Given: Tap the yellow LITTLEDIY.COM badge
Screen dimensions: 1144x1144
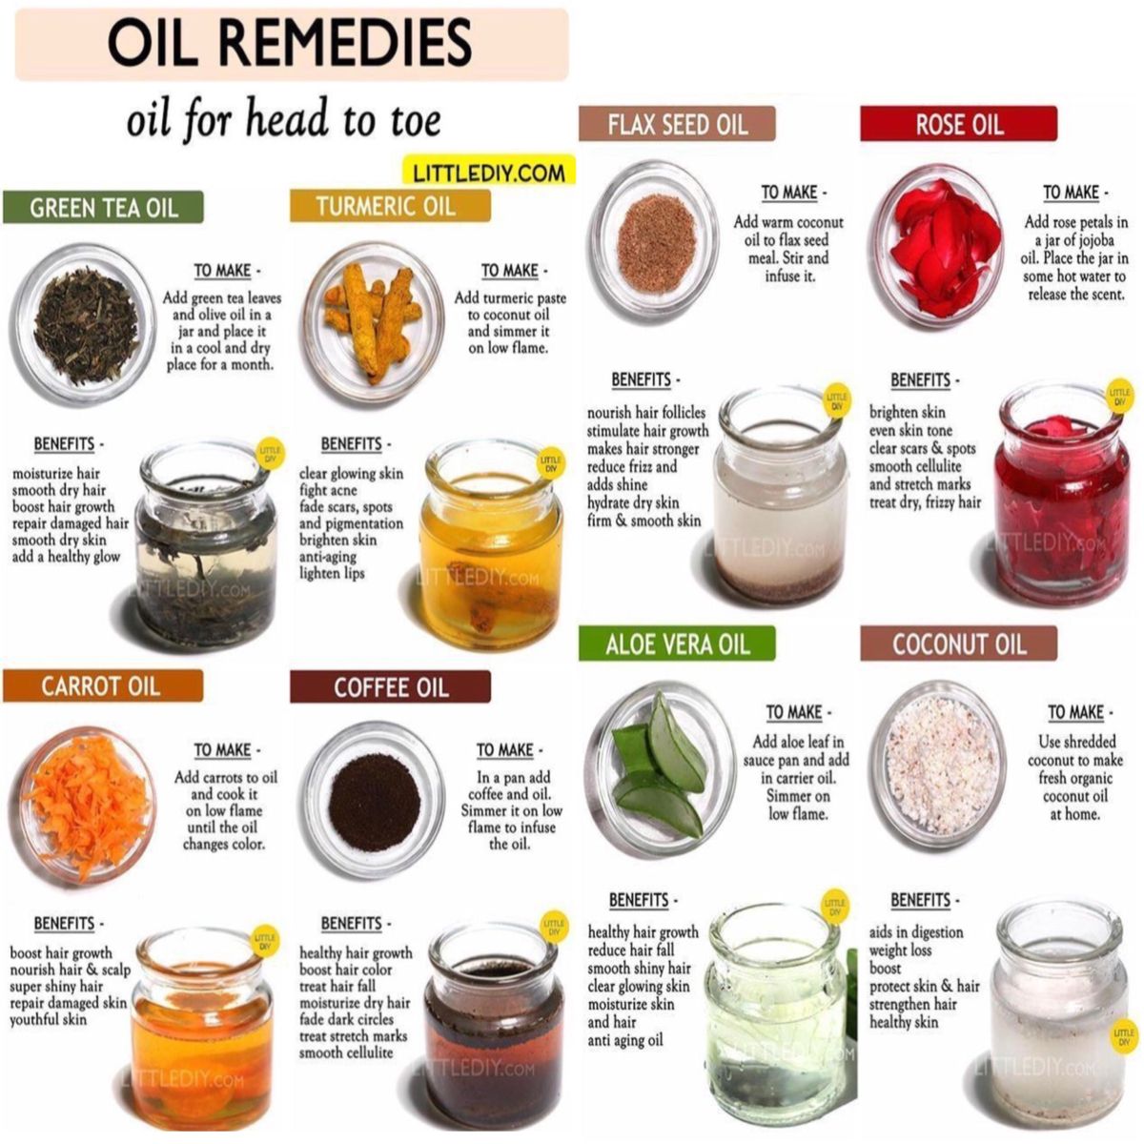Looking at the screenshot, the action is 489,173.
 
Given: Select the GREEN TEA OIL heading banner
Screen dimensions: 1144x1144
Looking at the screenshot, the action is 103,208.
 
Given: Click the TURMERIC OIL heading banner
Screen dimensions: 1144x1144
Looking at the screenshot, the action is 390,206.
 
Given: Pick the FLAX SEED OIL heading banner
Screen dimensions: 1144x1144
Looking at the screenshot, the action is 677,124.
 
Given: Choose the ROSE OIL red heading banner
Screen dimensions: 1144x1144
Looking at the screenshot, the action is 958,124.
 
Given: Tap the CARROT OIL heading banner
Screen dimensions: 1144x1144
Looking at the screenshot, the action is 103,686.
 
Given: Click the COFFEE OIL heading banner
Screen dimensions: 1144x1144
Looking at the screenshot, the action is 390,686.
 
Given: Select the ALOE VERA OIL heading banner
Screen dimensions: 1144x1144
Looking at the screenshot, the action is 677,643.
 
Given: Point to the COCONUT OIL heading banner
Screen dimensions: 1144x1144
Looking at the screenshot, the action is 958,643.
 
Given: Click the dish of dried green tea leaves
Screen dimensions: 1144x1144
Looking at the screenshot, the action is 85,325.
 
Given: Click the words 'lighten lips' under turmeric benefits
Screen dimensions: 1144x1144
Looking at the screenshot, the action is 332,574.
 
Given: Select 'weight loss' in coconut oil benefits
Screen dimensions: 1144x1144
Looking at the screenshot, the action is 900,950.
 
